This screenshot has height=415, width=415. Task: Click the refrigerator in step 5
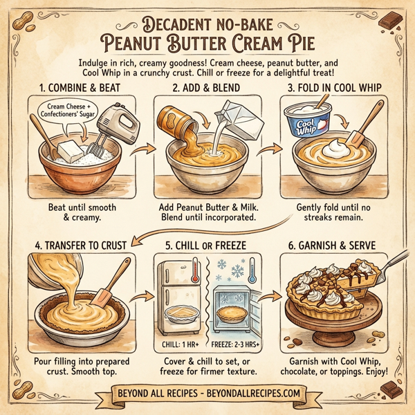pyautogui.click(x=178, y=293)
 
